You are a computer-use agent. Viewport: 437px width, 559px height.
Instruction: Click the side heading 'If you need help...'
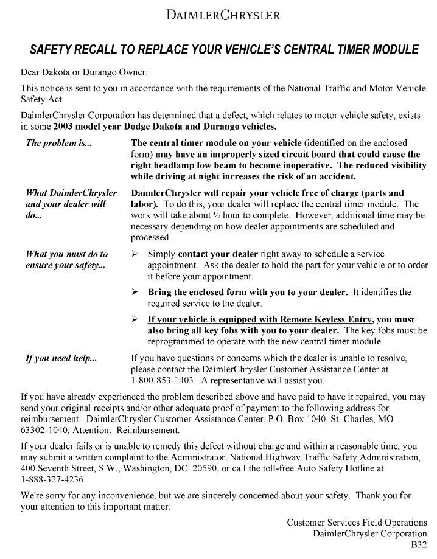(60, 358)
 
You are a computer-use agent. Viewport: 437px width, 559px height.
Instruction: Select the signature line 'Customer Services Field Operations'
(357, 522)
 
